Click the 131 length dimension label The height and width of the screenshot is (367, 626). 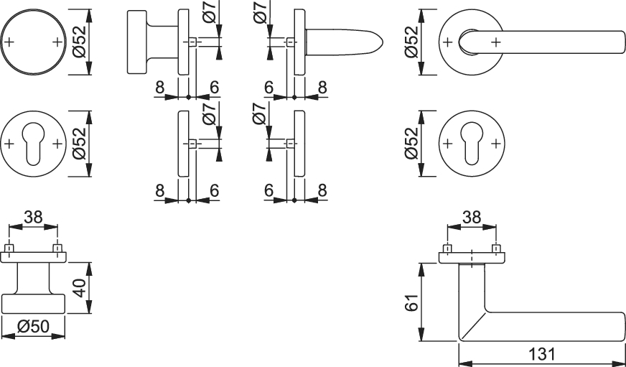click(542, 354)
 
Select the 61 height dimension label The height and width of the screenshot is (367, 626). click(411, 302)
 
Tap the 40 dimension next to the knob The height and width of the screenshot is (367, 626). click(80, 288)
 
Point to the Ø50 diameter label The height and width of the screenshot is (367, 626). click(34, 327)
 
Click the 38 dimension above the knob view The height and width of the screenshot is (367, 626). click(33, 218)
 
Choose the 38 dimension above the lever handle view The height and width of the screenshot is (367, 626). click(472, 218)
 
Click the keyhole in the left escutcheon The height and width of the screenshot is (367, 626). click(34, 144)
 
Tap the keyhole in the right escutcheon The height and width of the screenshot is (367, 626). click(472, 144)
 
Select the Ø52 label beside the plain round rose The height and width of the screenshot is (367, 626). click(80, 42)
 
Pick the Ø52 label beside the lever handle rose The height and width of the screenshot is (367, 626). click(411, 42)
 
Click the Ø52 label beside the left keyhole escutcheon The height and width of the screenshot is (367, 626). click(80, 144)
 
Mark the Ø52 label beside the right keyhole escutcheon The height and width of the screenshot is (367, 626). click(411, 144)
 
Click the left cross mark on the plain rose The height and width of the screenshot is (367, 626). click(9, 42)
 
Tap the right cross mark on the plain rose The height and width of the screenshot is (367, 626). click(58, 42)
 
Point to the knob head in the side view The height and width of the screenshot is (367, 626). click(136, 42)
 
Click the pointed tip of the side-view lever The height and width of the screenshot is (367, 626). click(383, 42)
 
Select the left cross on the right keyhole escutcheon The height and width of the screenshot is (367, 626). click(447, 144)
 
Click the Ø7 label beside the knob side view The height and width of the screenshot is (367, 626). click(210, 11)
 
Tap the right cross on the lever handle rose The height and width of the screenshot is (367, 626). click(496, 42)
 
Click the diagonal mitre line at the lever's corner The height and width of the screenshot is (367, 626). click(472, 326)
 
